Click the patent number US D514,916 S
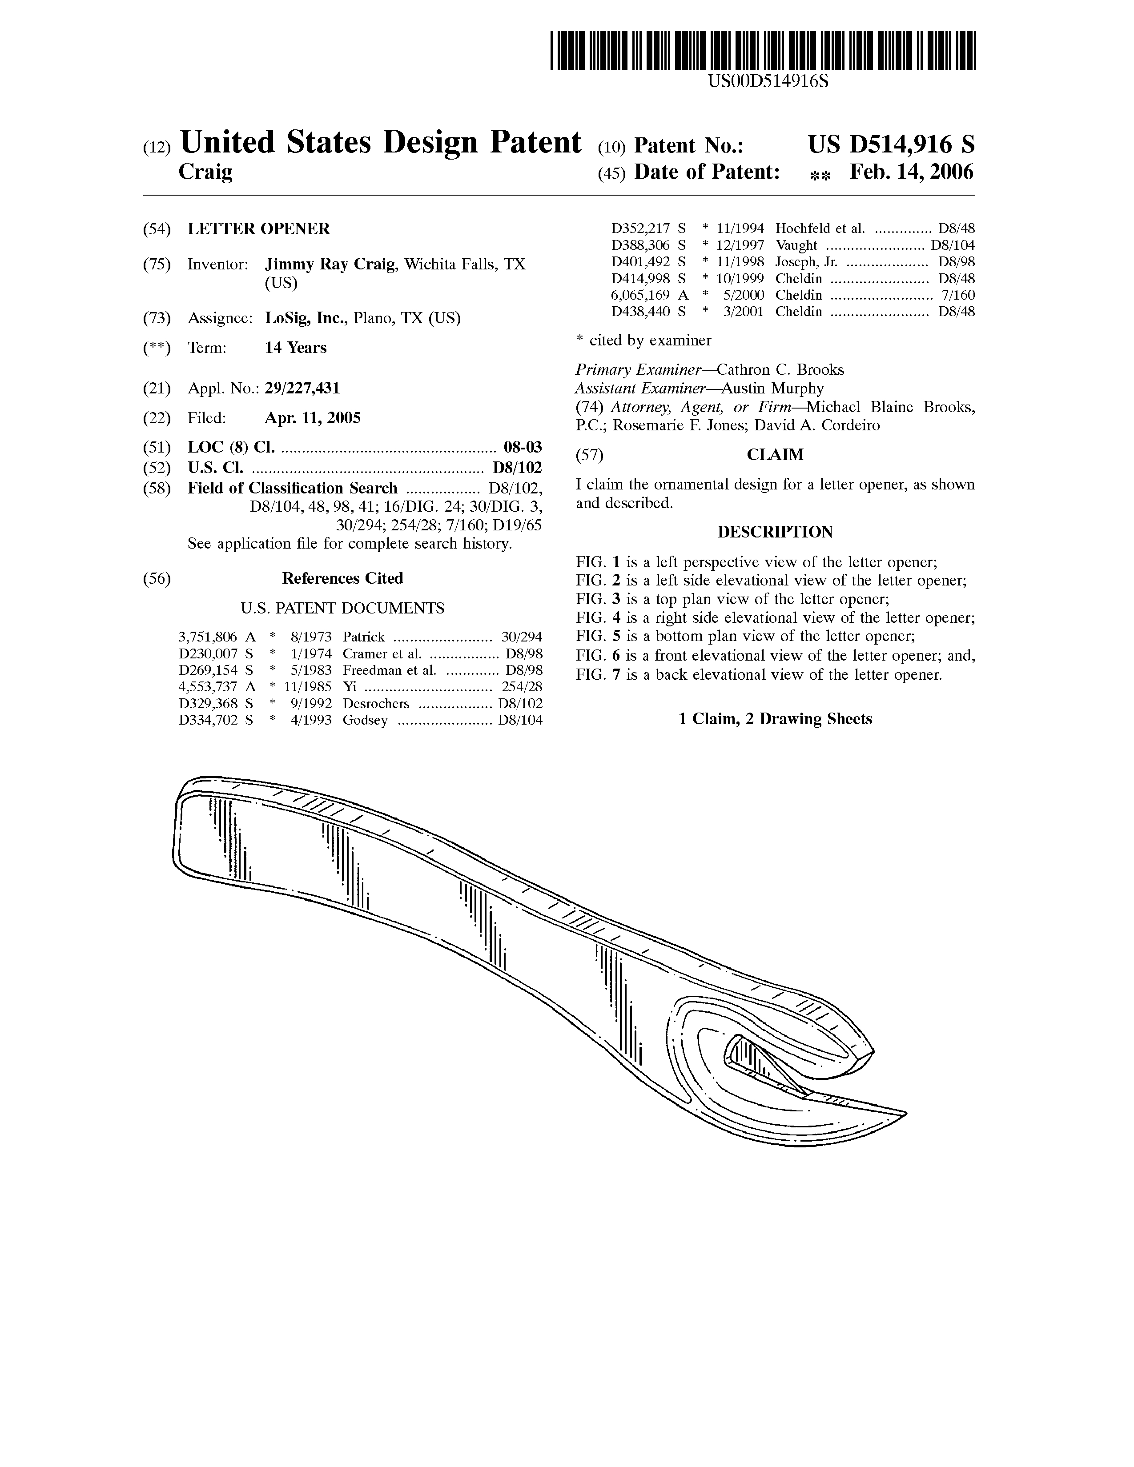[891, 145]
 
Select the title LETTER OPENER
[259, 229]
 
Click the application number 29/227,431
[302, 388]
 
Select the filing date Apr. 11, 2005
[312, 418]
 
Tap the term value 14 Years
[296, 348]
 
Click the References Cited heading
[342, 578]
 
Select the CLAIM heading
[775, 455]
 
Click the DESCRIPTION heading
[775, 532]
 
